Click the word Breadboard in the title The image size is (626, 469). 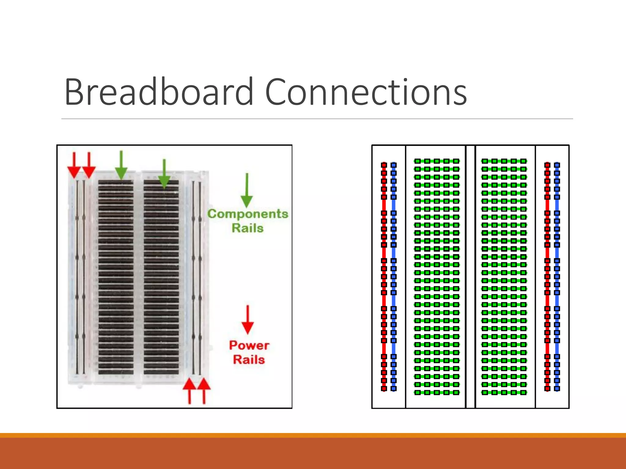click(159, 92)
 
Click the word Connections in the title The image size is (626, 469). click(366, 92)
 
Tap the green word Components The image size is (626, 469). click(248, 214)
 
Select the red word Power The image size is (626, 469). click(249, 345)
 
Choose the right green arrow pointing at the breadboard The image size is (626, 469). click(164, 174)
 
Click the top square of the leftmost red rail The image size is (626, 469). click(384, 165)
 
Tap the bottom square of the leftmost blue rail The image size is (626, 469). click(394, 389)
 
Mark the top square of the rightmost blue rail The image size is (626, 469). click(557, 165)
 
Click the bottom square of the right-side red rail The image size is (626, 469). click(547, 389)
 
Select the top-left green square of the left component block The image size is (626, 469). click(418, 161)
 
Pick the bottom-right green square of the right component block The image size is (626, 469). click(524, 392)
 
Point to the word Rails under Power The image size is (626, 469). click(249, 359)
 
